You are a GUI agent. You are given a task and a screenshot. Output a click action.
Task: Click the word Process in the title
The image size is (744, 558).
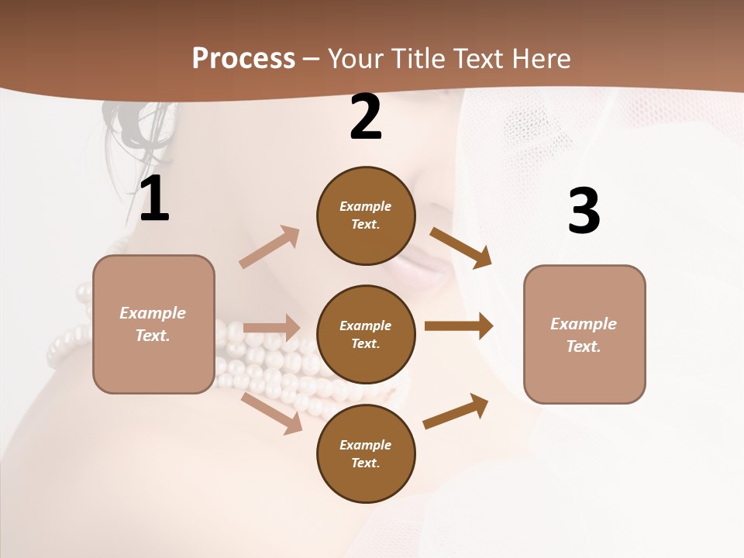click(243, 58)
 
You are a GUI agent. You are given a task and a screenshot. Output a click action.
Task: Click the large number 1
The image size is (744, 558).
click(154, 199)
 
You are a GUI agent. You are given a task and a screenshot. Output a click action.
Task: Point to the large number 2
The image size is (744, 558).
click(366, 117)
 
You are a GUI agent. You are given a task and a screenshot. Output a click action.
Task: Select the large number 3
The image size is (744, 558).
click(584, 212)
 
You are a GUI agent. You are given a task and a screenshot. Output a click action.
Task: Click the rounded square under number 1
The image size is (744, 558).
click(153, 324)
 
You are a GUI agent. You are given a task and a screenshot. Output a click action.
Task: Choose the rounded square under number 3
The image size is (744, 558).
click(584, 335)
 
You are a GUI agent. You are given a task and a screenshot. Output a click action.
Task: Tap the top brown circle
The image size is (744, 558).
click(366, 215)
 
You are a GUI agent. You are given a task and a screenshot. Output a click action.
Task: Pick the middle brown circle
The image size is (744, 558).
click(366, 334)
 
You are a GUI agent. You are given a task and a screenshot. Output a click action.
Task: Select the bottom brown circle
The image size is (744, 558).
click(366, 453)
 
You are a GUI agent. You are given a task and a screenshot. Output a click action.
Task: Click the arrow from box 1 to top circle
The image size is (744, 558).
click(270, 246)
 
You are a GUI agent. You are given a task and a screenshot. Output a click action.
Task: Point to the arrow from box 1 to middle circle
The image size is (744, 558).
click(271, 328)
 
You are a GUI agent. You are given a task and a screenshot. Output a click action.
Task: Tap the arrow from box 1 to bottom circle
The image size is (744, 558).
click(272, 413)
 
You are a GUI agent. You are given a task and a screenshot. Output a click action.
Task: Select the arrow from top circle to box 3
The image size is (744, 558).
click(461, 248)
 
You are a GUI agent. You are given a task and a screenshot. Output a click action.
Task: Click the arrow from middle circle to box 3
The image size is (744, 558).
click(459, 326)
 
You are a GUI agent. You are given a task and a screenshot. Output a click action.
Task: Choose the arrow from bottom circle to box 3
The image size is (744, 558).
click(456, 411)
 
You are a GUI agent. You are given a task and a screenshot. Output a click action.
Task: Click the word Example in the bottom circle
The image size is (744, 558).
click(366, 445)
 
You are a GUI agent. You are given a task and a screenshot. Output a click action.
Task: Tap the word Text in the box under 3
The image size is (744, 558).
click(583, 346)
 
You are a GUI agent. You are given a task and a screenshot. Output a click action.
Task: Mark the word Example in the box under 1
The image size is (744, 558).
click(153, 313)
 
